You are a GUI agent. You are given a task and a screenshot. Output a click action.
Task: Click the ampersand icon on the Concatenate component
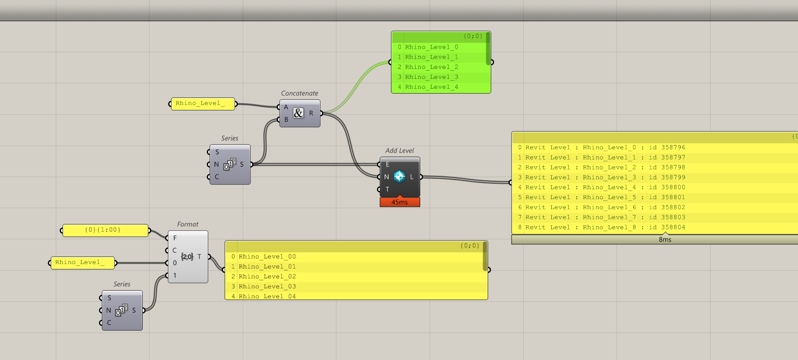[298, 113]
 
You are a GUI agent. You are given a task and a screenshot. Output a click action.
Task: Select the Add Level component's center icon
[399, 177]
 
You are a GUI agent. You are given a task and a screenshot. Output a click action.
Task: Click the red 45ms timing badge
[399, 202]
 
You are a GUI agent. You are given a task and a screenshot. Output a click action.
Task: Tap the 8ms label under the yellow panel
[665, 240]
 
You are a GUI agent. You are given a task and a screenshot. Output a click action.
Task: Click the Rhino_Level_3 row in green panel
[431, 77]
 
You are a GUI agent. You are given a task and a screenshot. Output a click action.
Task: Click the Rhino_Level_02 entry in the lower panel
[267, 277]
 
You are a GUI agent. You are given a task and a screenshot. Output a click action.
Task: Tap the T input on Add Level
[387, 189]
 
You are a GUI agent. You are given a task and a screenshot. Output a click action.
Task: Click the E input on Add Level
[387, 164]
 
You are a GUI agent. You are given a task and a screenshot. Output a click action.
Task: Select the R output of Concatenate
[311, 113]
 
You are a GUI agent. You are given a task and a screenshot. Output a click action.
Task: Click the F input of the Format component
[175, 238]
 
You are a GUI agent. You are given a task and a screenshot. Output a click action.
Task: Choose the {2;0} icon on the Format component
[187, 257]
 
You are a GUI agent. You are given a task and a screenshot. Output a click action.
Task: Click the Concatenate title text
[299, 93]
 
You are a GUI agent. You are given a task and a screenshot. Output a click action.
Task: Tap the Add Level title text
[399, 150]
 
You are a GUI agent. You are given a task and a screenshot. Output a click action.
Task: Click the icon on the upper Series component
[230, 164]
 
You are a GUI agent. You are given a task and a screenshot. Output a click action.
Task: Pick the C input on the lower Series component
[109, 323]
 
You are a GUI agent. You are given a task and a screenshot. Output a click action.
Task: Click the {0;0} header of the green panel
[472, 36]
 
